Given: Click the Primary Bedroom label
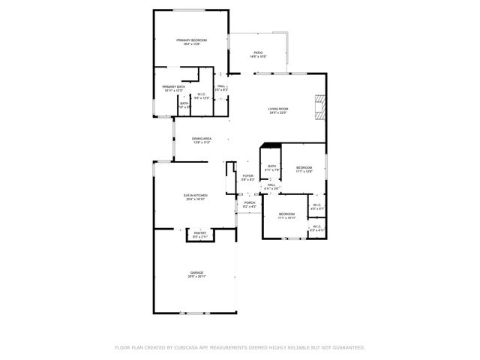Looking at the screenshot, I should point(191,40).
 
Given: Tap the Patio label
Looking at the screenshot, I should point(258,52).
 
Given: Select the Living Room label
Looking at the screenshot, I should point(278,109).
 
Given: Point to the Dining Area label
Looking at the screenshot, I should point(201,139).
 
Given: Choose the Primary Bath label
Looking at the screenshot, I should point(173,87).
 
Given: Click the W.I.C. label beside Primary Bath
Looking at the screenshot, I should point(202,94).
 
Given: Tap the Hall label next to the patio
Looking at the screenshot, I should point(221,86).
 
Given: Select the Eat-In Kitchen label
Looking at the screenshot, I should point(195,196).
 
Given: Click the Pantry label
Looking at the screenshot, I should point(199,233).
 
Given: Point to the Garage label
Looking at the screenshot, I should point(196,272).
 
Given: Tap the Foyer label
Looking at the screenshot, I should point(247,176).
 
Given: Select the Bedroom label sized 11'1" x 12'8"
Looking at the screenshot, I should point(303,167).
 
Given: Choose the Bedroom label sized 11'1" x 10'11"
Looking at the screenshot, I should point(286,215).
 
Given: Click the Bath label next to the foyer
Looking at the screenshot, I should point(271,166).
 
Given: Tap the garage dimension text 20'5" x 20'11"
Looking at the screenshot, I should point(196,277).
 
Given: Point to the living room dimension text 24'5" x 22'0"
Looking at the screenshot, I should point(278,113).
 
